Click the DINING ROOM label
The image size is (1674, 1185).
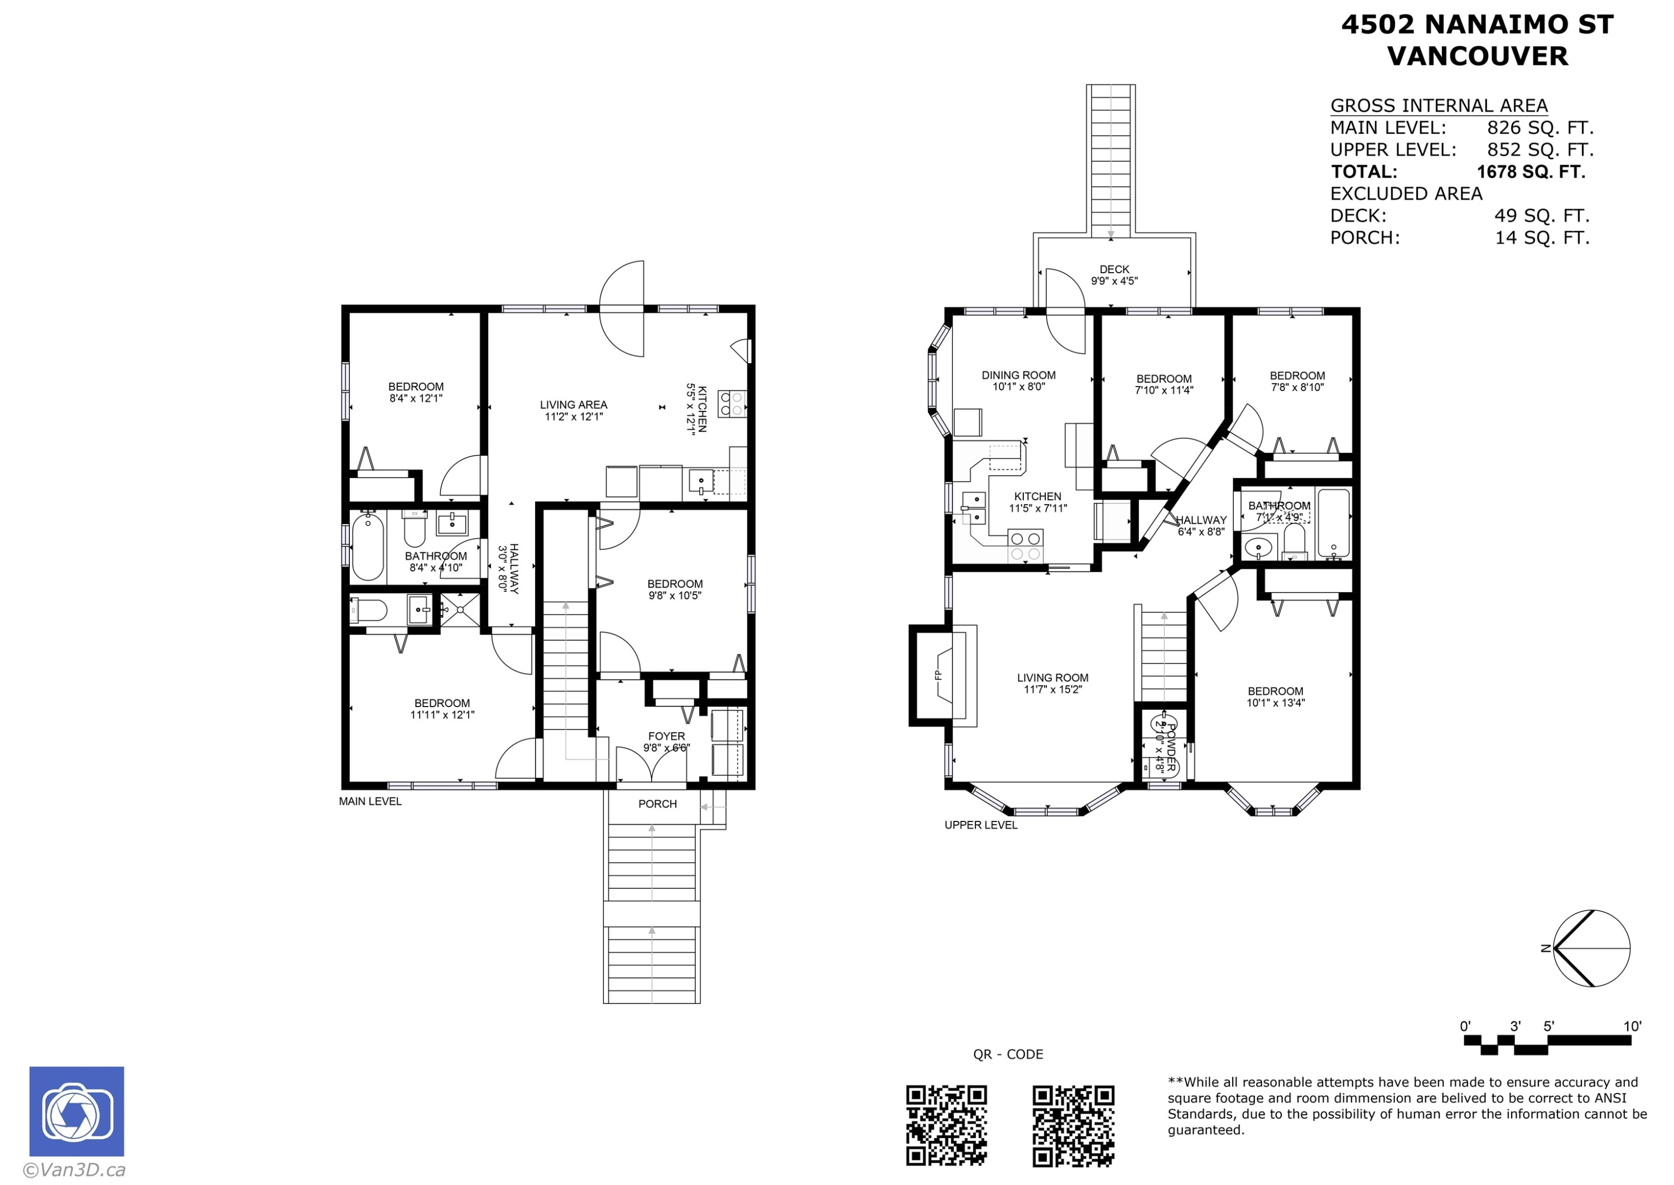pos(1018,375)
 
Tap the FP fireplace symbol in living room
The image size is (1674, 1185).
pos(940,675)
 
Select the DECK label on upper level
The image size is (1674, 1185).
pos(1114,269)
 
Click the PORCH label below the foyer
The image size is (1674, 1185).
pos(657,804)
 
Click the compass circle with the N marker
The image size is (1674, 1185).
pos(1591,949)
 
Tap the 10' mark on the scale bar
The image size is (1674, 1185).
pos(1632,1027)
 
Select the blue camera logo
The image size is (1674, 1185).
pos(76,1111)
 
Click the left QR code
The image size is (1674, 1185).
pos(946,1125)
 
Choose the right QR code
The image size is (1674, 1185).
pos(1072,1125)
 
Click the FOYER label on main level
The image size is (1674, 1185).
pos(666,736)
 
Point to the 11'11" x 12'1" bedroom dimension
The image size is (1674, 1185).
pos(442,715)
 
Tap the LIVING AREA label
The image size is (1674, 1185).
pos(573,405)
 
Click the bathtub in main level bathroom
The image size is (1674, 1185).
pos(367,546)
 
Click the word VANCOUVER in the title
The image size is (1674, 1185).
pos(1477,56)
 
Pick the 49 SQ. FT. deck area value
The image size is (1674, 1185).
pos(1541,216)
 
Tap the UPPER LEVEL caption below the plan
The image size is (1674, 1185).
pos(980,825)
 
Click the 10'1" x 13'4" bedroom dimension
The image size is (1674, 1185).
pos(1276,703)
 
